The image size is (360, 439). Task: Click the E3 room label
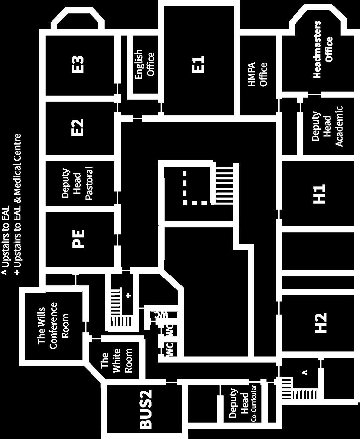click(x=78, y=64)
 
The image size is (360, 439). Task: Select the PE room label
click(x=78, y=238)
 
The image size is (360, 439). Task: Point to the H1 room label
click(x=320, y=194)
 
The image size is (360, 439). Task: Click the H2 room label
click(x=320, y=323)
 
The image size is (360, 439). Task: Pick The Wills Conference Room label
click(x=53, y=325)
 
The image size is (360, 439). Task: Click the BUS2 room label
click(x=146, y=409)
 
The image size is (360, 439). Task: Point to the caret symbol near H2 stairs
click(x=305, y=372)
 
